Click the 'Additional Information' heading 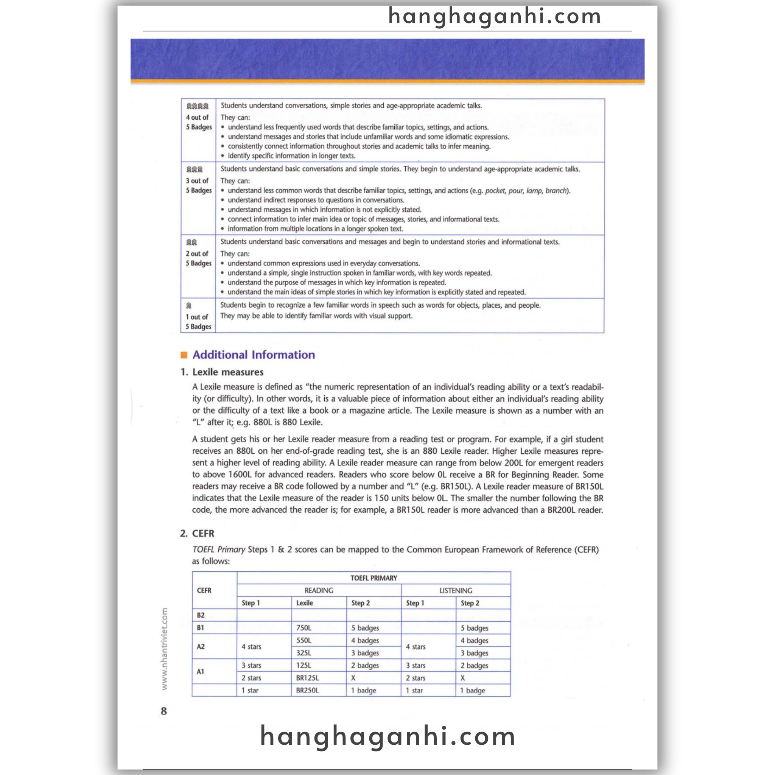(254, 355)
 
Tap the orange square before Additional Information (184, 355)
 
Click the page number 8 (163, 711)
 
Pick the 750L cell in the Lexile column (303, 628)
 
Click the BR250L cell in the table (307, 690)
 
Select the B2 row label (201, 615)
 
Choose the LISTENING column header (456, 590)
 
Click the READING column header (319, 590)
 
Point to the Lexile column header (305, 603)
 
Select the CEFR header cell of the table (204, 590)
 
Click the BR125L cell (307, 678)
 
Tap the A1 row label (201, 672)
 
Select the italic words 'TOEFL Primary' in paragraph (218, 549)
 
